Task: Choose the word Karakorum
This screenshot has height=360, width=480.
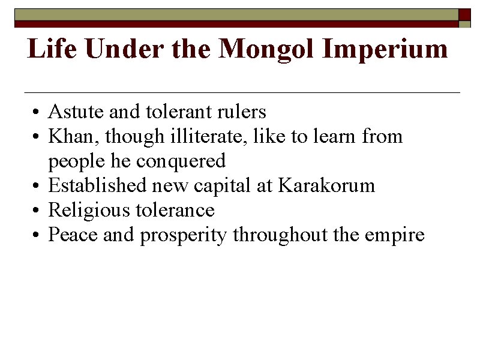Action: pos(326,185)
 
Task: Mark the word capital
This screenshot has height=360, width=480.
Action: pos(223,185)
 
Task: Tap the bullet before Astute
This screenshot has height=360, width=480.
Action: pos(37,113)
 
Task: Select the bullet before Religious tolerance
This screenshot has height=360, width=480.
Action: pos(37,211)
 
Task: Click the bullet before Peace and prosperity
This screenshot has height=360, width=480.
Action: pos(37,236)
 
